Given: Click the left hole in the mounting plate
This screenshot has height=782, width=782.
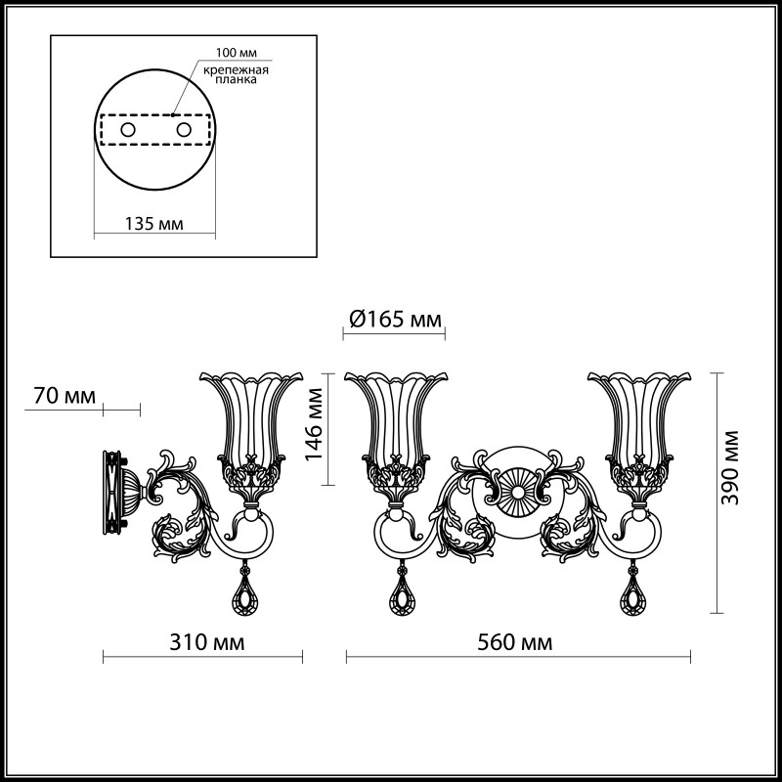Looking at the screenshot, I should point(127,129).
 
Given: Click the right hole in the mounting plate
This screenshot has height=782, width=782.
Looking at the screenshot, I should point(182,129).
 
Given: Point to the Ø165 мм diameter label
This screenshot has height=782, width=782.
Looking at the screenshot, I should point(394,319).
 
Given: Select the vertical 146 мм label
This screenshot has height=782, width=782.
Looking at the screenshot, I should point(314,427).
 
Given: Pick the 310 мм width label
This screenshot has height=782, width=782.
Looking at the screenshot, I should point(205,642).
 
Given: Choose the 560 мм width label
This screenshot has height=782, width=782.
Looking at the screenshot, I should point(514,642).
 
